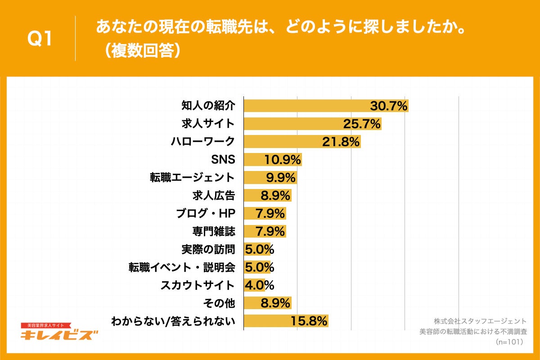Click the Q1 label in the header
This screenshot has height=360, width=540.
(40, 39)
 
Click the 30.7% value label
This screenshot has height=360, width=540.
(388, 106)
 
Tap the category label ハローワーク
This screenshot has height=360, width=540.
(202, 142)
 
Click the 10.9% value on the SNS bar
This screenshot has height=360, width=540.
(283, 160)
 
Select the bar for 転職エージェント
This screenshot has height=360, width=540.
(270, 177)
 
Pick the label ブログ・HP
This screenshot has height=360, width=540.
(206, 213)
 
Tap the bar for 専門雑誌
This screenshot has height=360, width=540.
(265, 231)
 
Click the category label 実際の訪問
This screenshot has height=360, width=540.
(208, 249)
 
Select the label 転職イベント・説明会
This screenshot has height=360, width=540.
(181, 267)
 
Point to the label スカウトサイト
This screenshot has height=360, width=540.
(198, 285)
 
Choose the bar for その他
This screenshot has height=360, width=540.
(267, 303)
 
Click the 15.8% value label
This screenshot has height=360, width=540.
(308, 321)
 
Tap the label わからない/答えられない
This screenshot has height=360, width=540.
(173, 321)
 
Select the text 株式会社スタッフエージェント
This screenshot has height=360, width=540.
(480, 321)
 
